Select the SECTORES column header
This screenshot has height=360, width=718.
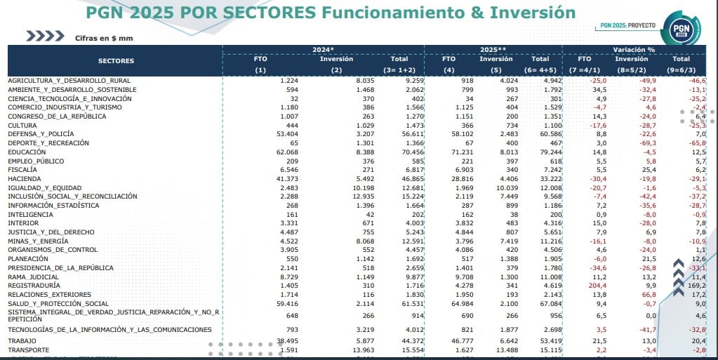pos(116,61)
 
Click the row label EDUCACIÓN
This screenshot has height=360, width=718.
pos(27,152)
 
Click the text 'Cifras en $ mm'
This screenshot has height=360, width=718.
pos(104,37)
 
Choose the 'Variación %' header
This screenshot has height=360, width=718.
pos(633,50)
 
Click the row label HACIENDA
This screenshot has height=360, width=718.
pos(25,178)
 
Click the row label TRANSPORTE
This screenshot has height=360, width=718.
pos(28,349)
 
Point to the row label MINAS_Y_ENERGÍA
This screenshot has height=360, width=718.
pos(37,240)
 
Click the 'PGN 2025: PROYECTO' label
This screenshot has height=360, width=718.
pos(628,25)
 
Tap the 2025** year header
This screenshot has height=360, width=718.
pos(493,50)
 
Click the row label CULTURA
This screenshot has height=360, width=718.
pos(23,125)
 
